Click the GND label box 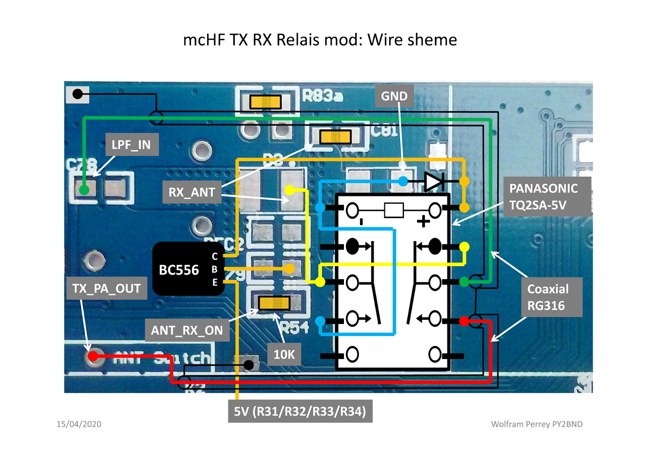tap(394, 96)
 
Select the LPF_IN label tap(131, 145)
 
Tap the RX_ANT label tap(192, 192)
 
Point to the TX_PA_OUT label tap(107, 289)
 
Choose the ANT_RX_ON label tap(187, 330)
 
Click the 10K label tap(284, 355)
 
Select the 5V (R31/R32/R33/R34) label tap(300, 411)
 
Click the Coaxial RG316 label tap(551, 297)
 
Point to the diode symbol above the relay tap(433, 182)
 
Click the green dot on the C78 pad tap(84, 190)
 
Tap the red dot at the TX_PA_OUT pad tap(93, 356)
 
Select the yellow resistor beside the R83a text tap(265, 102)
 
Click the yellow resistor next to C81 tap(335, 137)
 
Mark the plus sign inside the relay tap(423, 221)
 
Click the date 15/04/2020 tap(79, 424)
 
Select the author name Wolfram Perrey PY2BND tap(536, 424)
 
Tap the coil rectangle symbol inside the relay tap(393, 210)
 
